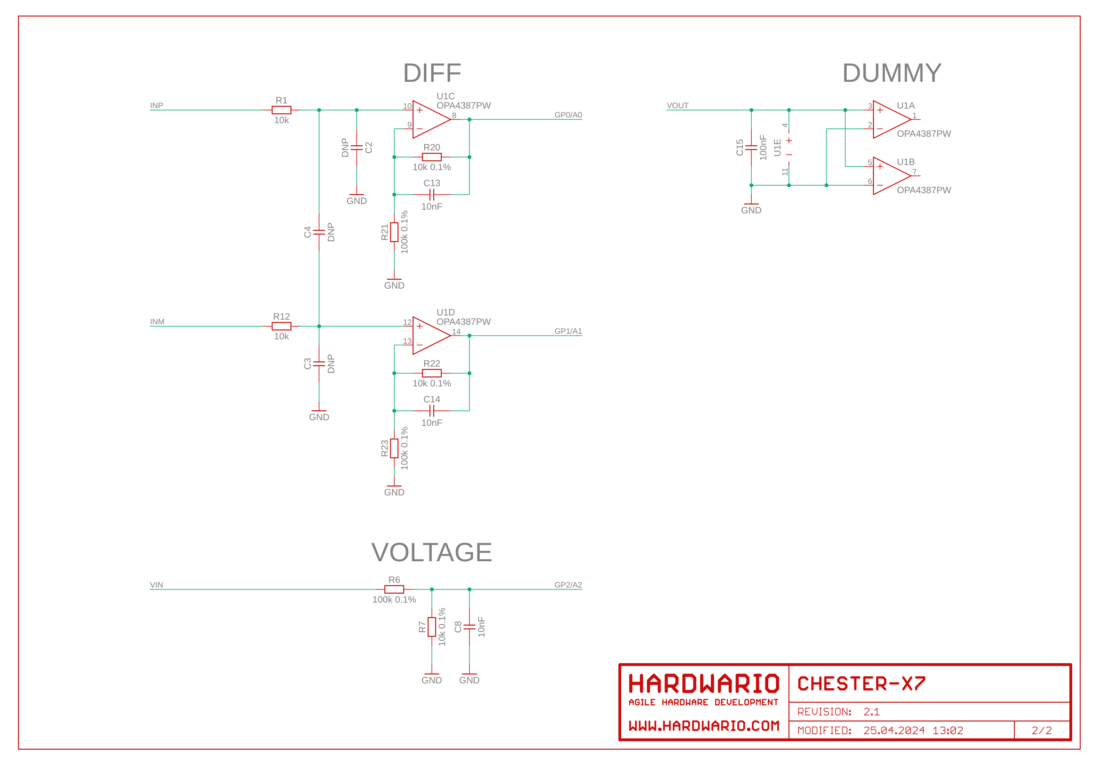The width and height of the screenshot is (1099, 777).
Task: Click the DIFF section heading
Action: (x=432, y=73)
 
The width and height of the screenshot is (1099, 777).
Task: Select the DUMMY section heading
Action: (x=891, y=73)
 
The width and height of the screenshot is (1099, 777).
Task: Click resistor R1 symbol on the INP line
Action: (x=281, y=110)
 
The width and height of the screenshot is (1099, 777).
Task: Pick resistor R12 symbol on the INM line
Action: (x=281, y=326)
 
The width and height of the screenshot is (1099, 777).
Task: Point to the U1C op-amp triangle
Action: (x=429, y=119)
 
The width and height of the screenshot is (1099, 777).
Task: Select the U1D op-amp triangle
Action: (x=429, y=336)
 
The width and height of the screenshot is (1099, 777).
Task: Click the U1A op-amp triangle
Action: (x=890, y=119)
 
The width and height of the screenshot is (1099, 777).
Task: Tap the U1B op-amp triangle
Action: (x=890, y=176)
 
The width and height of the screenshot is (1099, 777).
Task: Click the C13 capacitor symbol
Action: (x=432, y=195)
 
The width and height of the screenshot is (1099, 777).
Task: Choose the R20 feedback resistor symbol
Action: (x=432, y=157)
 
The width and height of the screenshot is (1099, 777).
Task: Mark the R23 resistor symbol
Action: (x=394, y=448)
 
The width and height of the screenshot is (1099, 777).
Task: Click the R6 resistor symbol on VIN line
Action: (x=394, y=589)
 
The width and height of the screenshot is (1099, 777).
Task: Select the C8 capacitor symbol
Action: (x=469, y=627)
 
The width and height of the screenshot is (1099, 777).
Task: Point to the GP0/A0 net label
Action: (x=568, y=115)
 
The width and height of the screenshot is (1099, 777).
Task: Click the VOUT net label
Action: (x=678, y=105)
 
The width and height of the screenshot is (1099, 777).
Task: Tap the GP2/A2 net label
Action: (x=568, y=585)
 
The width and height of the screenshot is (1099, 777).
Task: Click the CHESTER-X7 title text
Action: (x=861, y=683)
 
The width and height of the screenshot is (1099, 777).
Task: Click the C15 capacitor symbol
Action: (x=751, y=148)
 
